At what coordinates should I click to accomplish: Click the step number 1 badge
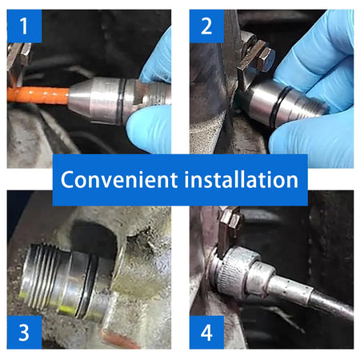pos(24,26)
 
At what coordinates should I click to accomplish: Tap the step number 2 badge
pos(206,26)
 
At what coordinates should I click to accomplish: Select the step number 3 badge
pos(24,332)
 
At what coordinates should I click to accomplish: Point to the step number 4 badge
pos(206,332)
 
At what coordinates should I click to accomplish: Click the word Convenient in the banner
pos(119,179)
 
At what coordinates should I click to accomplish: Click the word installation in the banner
pos(242,179)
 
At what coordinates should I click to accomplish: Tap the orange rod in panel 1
pos(38,95)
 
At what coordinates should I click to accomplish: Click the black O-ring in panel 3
pos(86,286)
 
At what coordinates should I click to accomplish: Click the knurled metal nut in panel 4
pos(234,272)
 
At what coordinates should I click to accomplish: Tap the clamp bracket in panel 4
pos(229,230)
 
